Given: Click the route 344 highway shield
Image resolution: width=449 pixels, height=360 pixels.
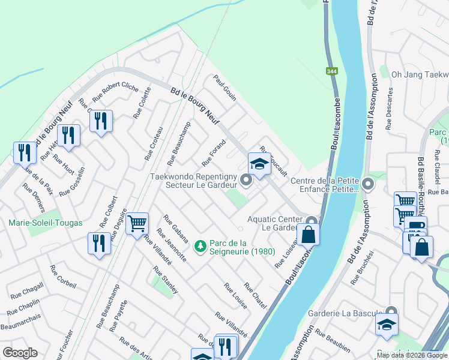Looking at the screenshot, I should click(x=332, y=71).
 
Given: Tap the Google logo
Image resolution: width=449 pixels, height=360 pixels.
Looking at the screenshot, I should click(x=20, y=353).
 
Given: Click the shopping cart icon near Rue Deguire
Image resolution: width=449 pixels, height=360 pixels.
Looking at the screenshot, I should click(x=137, y=224).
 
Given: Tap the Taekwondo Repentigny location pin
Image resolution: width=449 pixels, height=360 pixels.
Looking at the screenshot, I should click(x=246, y=180).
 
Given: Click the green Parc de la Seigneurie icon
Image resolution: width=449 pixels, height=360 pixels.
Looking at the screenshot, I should click(x=200, y=246).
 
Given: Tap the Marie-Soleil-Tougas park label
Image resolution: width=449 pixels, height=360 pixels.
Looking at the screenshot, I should click(x=46, y=223).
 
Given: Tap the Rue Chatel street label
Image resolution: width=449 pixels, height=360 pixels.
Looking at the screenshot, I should click(x=255, y=295).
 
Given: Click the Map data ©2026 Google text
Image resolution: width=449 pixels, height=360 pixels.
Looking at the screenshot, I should click(x=412, y=355).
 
